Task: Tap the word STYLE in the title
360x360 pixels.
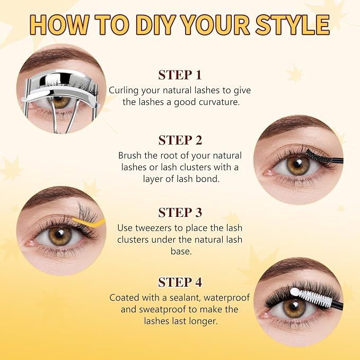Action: [x=293, y=25]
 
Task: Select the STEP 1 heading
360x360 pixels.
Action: [x=180, y=75]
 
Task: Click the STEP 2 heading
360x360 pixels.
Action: [x=180, y=140]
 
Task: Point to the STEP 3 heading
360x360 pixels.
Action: [x=180, y=213]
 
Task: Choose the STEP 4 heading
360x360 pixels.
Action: [x=180, y=282]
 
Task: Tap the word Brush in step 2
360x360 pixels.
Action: [x=130, y=155]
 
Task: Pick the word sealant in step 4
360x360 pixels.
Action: [x=185, y=297]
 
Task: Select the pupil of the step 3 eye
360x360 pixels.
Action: [x=59, y=234]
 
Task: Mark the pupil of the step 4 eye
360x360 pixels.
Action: [x=294, y=306]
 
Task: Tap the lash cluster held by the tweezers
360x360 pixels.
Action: [x=87, y=211]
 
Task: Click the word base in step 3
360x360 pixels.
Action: [x=181, y=251]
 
